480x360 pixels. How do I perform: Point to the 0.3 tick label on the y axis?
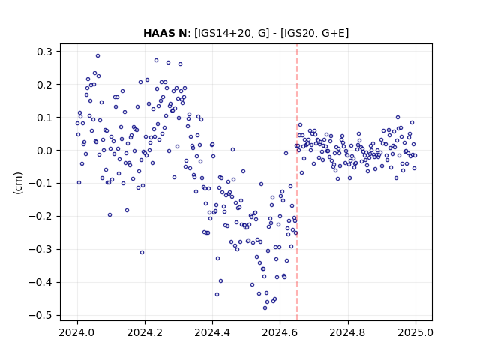click(x=45, y=52)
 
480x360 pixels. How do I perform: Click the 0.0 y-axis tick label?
click(x=45, y=150)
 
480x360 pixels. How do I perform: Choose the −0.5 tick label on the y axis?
click(x=40, y=315)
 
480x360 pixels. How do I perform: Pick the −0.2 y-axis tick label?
click(x=40, y=217)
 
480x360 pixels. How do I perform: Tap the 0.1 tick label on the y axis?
click(x=45, y=118)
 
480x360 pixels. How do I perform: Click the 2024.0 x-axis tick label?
click(x=77, y=332)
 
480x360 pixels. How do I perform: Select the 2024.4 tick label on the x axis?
click(x=212, y=332)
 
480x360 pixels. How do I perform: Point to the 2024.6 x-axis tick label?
click(x=280, y=332)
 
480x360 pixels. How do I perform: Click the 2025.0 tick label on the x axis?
click(x=415, y=332)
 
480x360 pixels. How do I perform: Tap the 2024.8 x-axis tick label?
click(x=348, y=332)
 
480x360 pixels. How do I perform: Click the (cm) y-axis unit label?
click(x=18, y=183)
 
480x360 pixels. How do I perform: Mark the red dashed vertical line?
click(x=297, y=182)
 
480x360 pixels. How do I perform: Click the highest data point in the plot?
click(x=97, y=56)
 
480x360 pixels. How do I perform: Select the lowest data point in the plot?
click(x=265, y=308)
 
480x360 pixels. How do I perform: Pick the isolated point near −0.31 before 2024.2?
click(x=142, y=253)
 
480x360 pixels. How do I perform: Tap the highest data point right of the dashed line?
click(x=398, y=118)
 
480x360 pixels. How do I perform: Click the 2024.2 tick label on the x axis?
click(x=145, y=332)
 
